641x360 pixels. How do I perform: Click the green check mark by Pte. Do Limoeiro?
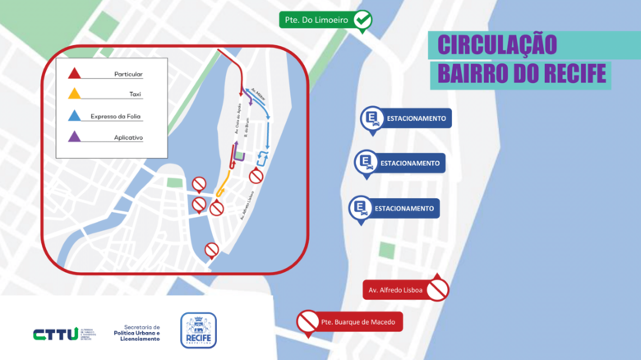(x=363, y=20)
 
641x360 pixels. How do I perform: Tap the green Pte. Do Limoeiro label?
(x=317, y=20)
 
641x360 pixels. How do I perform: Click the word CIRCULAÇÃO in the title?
(x=496, y=44)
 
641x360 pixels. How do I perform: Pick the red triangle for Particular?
(x=74, y=72)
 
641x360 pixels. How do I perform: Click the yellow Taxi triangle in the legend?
(x=74, y=93)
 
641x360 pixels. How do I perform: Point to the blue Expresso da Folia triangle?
(x=74, y=115)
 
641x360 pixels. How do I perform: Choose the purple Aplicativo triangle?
(x=74, y=136)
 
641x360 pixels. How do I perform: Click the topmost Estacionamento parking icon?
(x=371, y=119)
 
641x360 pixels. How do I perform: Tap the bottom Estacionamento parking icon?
(x=360, y=209)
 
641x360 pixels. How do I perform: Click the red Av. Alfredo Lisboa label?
(x=394, y=290)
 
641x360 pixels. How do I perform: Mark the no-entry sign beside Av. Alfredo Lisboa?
(x=438, y=289)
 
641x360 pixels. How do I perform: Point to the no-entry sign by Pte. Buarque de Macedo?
(x=308, y=321)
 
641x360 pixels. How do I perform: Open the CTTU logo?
(x=56, y=333)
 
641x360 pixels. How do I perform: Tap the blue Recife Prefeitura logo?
(x=198, y=330)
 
